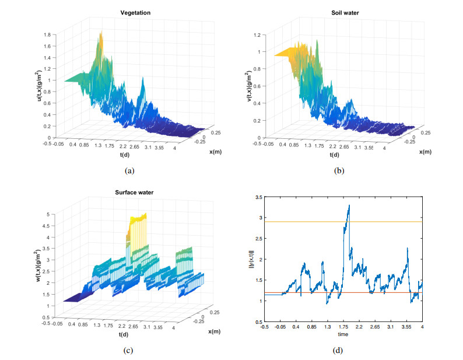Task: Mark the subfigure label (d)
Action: [x=338, y=350]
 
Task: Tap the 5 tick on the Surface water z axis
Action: [x=54, y=215]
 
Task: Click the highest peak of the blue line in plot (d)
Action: [x=349, y=205]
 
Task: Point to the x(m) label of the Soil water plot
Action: [x=427, y=152]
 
